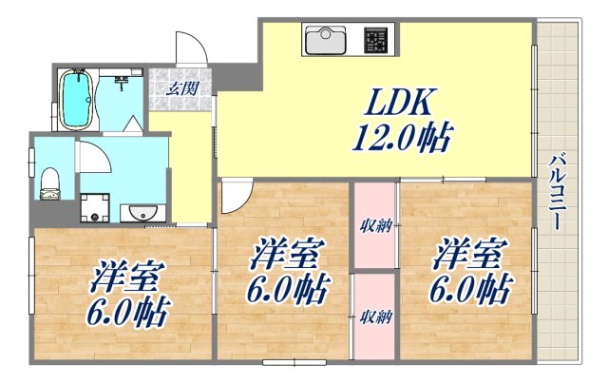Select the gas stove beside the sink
[376, 41]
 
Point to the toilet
[50, 181]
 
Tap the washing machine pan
[94, 206]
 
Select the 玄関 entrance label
[182, 88]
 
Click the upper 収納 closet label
[373, 225]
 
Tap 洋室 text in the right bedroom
[468, 254]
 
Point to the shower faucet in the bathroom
[121, 84]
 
